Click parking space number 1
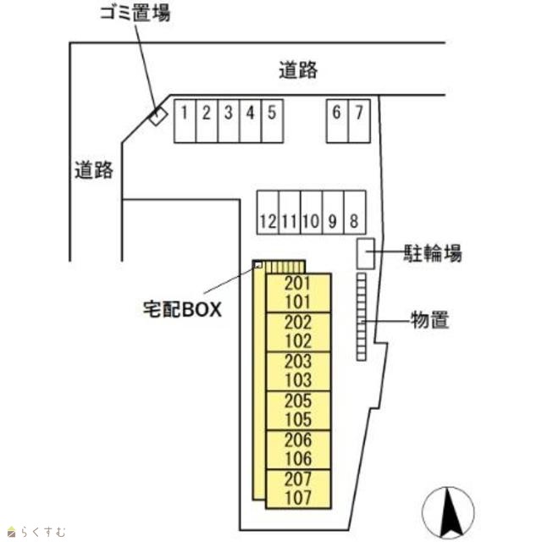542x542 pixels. coord(185,120)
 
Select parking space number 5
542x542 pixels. coord(272,120)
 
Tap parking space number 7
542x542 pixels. coord(359,120)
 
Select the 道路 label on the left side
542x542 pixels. coord(93,170)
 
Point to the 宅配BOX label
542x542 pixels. coord(182,309)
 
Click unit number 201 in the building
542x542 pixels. coord(298,284)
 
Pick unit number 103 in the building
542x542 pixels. coord(298,380)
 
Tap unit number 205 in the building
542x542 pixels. coord(298,401)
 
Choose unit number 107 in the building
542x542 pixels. coord(298,498)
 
